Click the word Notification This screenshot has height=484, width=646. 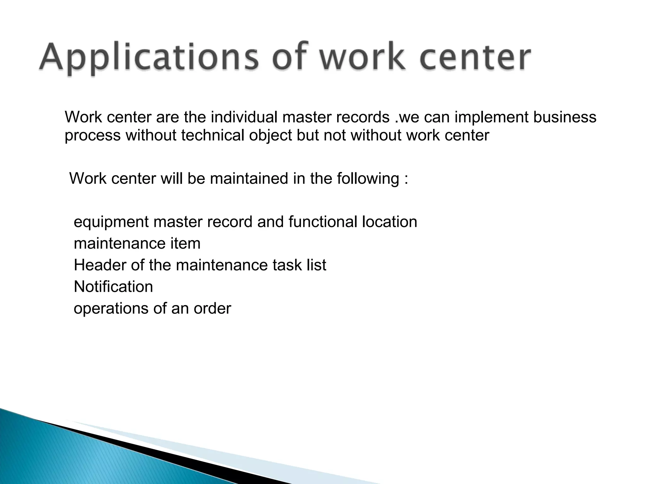113,287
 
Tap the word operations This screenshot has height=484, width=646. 111,309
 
